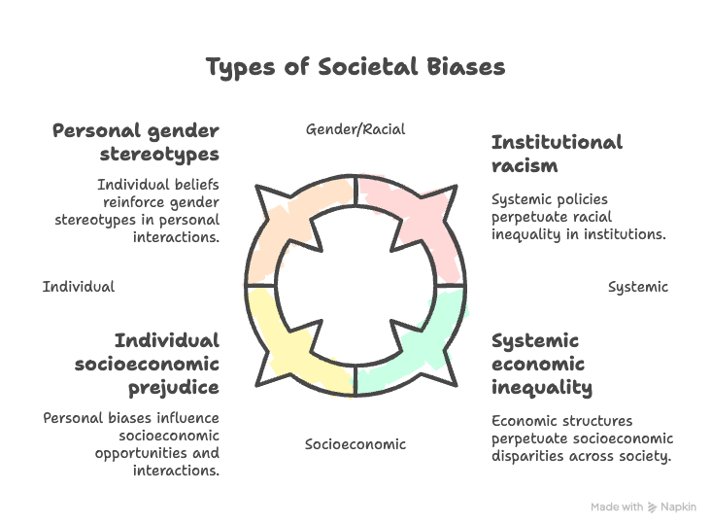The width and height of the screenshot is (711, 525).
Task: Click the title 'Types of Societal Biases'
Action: point(355,67)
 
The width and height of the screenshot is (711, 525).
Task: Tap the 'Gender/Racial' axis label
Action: point(355,128)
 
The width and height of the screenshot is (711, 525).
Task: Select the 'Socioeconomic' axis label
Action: point(355,444)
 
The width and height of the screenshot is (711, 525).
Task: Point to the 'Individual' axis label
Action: point(79,287)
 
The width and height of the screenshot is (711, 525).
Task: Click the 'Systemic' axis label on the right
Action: point(638,287)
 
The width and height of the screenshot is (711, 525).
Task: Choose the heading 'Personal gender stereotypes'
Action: point(136,142)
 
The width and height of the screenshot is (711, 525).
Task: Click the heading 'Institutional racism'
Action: point(557,154)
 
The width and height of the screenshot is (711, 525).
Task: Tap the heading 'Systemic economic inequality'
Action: point(542,364)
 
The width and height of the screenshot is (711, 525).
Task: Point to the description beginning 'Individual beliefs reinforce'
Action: point(157,210)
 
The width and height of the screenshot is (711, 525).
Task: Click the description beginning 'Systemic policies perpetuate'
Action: point(578,217)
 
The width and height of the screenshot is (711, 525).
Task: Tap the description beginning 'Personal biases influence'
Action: point(131,444)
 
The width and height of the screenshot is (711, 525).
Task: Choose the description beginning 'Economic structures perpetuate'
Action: point(582,438)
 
